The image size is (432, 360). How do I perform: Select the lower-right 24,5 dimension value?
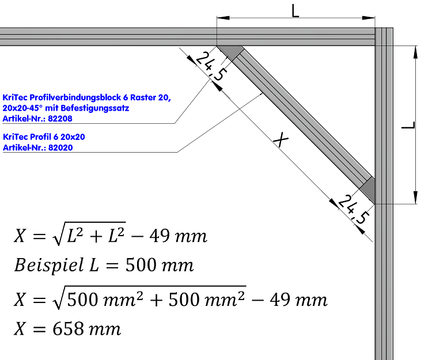point(351,209)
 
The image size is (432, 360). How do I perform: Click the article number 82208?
point(61,119)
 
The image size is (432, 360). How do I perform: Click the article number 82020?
point(61,147)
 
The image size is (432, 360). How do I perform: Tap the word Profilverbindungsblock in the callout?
point(74,98)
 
